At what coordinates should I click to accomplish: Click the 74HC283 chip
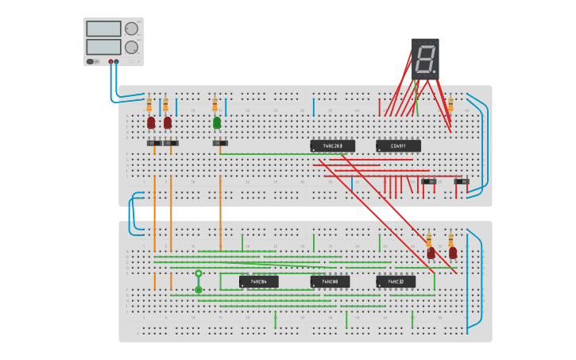pyautogui.click(x=332, y=146)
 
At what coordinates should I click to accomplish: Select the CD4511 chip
pyautogui.click(x=398, y=146)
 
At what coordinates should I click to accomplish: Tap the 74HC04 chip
pyautogui.click(x=259, y=281)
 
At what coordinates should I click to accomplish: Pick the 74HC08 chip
pyautogui.click(x=330, y=281)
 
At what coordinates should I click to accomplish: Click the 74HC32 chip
pyautogui.click(x=396, y=281)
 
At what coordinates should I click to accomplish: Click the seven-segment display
pyautogui.click(x=425, y=58)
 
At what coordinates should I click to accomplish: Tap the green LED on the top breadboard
pyautogui.click(x=217, y=122)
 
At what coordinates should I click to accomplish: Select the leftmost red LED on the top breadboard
pyautogui.click(x=151, y=122)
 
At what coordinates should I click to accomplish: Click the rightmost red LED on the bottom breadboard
pyautogui.click(x=453, y=253)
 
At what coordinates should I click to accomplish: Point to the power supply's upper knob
pyautogui.click(x=131, y=29)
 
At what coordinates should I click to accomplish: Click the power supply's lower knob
pyautogui.click(x=131, y=47)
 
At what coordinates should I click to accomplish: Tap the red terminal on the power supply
pyautogui.click(x=110, y=61)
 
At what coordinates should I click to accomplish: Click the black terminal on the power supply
pyautogui.click(x=117, y=61)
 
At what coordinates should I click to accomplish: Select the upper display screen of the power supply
pyautogui.click(x=103, y=29)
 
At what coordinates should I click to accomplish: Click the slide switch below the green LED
pyautogui.click(x=220, y=143)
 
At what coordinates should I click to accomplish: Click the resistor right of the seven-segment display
pyautogui.click(x=450, y=105)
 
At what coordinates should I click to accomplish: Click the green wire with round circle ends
pyautogui.click(x=199, y=281)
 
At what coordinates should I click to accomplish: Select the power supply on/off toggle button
pyautogui.click(x=91, y=61)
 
